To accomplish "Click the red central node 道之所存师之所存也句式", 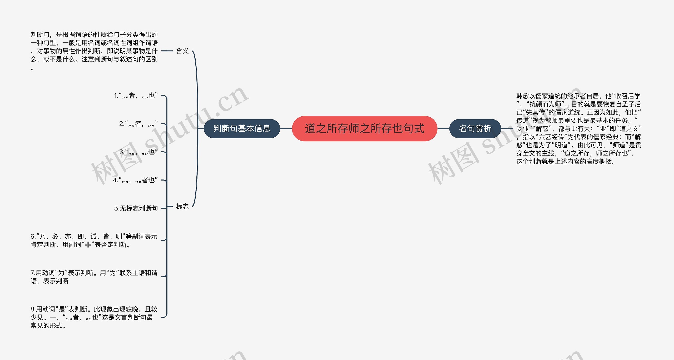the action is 364,129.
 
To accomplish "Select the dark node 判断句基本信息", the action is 242,129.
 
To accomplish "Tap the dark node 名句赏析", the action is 475,129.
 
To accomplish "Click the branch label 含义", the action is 182,51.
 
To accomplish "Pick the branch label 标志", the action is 182,207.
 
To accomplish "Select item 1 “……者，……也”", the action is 136,96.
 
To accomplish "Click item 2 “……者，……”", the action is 138,124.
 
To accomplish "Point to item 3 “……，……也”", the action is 138,152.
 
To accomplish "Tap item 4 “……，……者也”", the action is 135,180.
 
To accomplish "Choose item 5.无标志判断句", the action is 136,208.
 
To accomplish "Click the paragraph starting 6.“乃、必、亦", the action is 94,241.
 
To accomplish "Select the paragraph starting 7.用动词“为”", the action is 94,277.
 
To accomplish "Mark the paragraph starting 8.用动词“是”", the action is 94,317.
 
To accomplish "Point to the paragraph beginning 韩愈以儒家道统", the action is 578,129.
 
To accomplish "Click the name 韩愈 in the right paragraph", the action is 522,96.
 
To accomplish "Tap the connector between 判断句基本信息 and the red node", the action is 286,129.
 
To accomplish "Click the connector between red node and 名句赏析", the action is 443,129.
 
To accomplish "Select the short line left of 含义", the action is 167,51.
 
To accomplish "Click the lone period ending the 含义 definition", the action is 32,69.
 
